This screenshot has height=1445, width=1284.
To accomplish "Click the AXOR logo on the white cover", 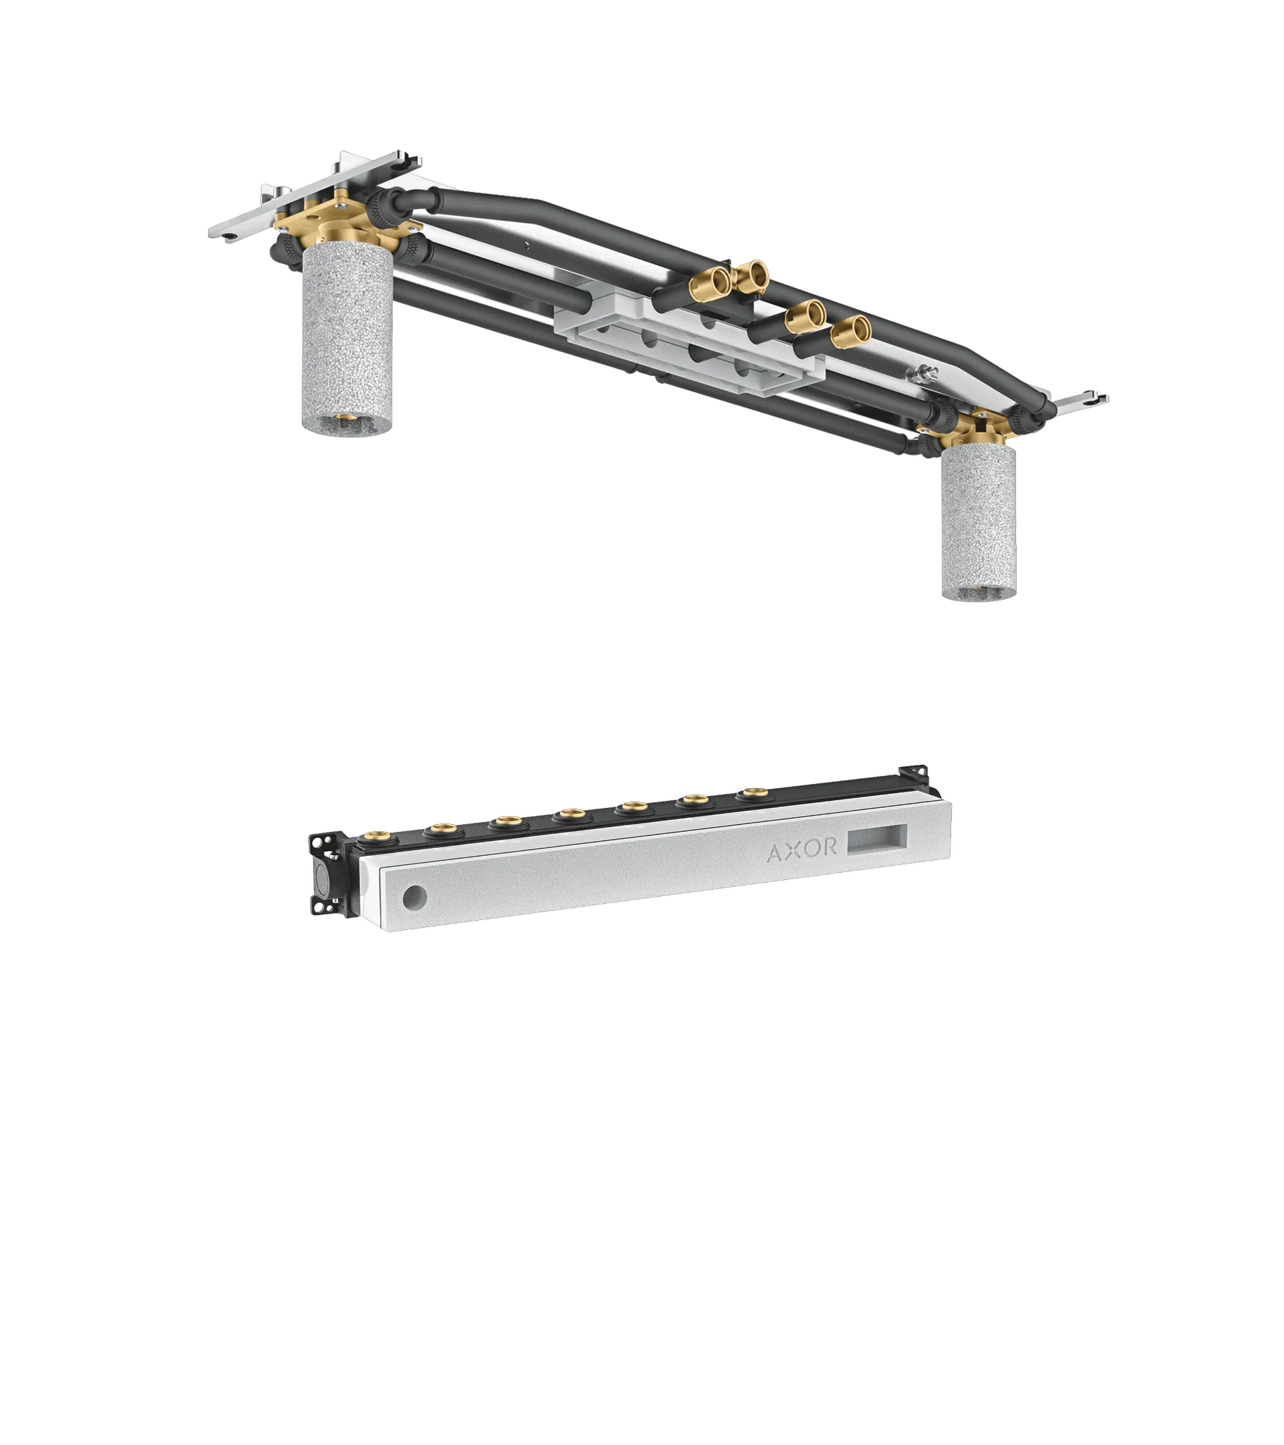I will click(x=801, y=848).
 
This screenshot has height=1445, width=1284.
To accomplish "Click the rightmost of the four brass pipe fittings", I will click(x=852, y=329).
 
